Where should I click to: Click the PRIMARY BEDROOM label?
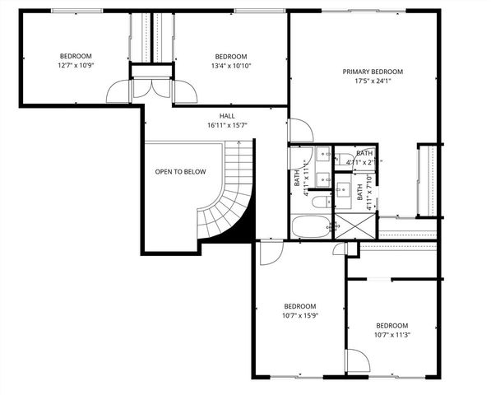pyautogui.click(x=372, y=72)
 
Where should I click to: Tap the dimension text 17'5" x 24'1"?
pyautogui.click(x=372, y=81)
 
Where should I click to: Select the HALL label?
pyautogui.click(x=228, y=116)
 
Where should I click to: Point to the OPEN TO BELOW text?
pyautogui.click(x=181, y=172)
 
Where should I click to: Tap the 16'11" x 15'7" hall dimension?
pyautogui.click(x=228, y=125)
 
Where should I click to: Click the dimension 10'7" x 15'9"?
pyautogui.click(x=294, y=313)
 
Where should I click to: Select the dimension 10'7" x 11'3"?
pyautogui.click(x=391, y=334)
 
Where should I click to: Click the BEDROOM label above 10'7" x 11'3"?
pyautogui.click(x=391, y=325)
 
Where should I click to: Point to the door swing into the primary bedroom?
pyautogui.click(x=299, y=130)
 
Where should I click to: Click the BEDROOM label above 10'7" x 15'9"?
pyautogui.click(x=294, y=304)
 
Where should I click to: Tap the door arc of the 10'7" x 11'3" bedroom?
pyautogui.click(x=356, y=360)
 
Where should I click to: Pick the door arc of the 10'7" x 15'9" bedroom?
pyautogui.click(x=268, y=253)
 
